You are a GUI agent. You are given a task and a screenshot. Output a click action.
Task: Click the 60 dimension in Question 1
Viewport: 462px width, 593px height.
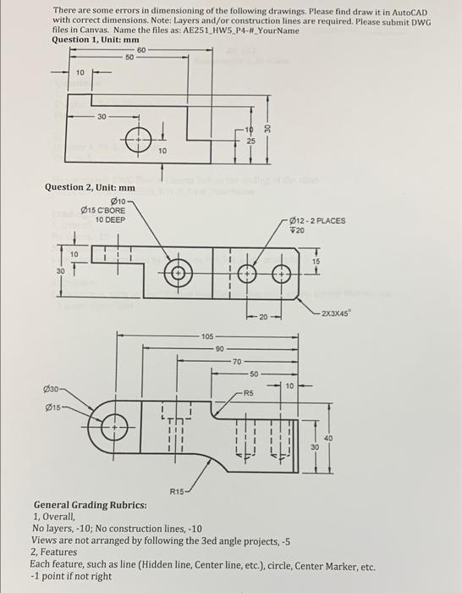tap(140, 51)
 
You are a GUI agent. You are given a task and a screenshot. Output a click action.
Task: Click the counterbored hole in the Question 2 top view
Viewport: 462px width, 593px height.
tap(178, 273)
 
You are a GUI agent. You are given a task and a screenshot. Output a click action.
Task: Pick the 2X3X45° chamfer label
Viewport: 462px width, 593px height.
tap(338, 314)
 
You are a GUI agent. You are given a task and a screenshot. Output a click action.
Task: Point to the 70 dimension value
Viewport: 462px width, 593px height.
tap(236, 361)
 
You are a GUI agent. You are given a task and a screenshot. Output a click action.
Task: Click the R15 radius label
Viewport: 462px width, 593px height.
tap(176, 490)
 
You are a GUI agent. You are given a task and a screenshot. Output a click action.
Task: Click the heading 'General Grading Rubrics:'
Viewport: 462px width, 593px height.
tap(90, 505)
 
